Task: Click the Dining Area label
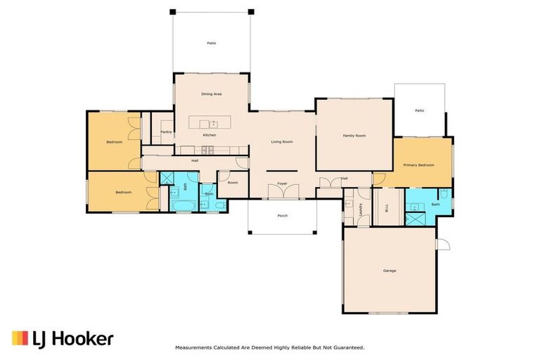click(212, 94)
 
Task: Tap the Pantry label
click(166, 132)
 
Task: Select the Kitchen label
click(210, 135)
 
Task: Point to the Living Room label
click(282, 142)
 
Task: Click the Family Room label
click(354, 136)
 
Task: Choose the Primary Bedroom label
click(418, 165)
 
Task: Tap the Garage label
click(390, 271)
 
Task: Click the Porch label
click(283, 216)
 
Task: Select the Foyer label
click(283, 184)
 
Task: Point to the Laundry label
click(361, 210)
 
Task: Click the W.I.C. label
click(387, 207)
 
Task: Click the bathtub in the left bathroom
click(184, 206)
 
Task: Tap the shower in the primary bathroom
click(416, 219)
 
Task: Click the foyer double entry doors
click(283, 191)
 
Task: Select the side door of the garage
click(443, 244)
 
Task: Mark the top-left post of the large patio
click(173, 12)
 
